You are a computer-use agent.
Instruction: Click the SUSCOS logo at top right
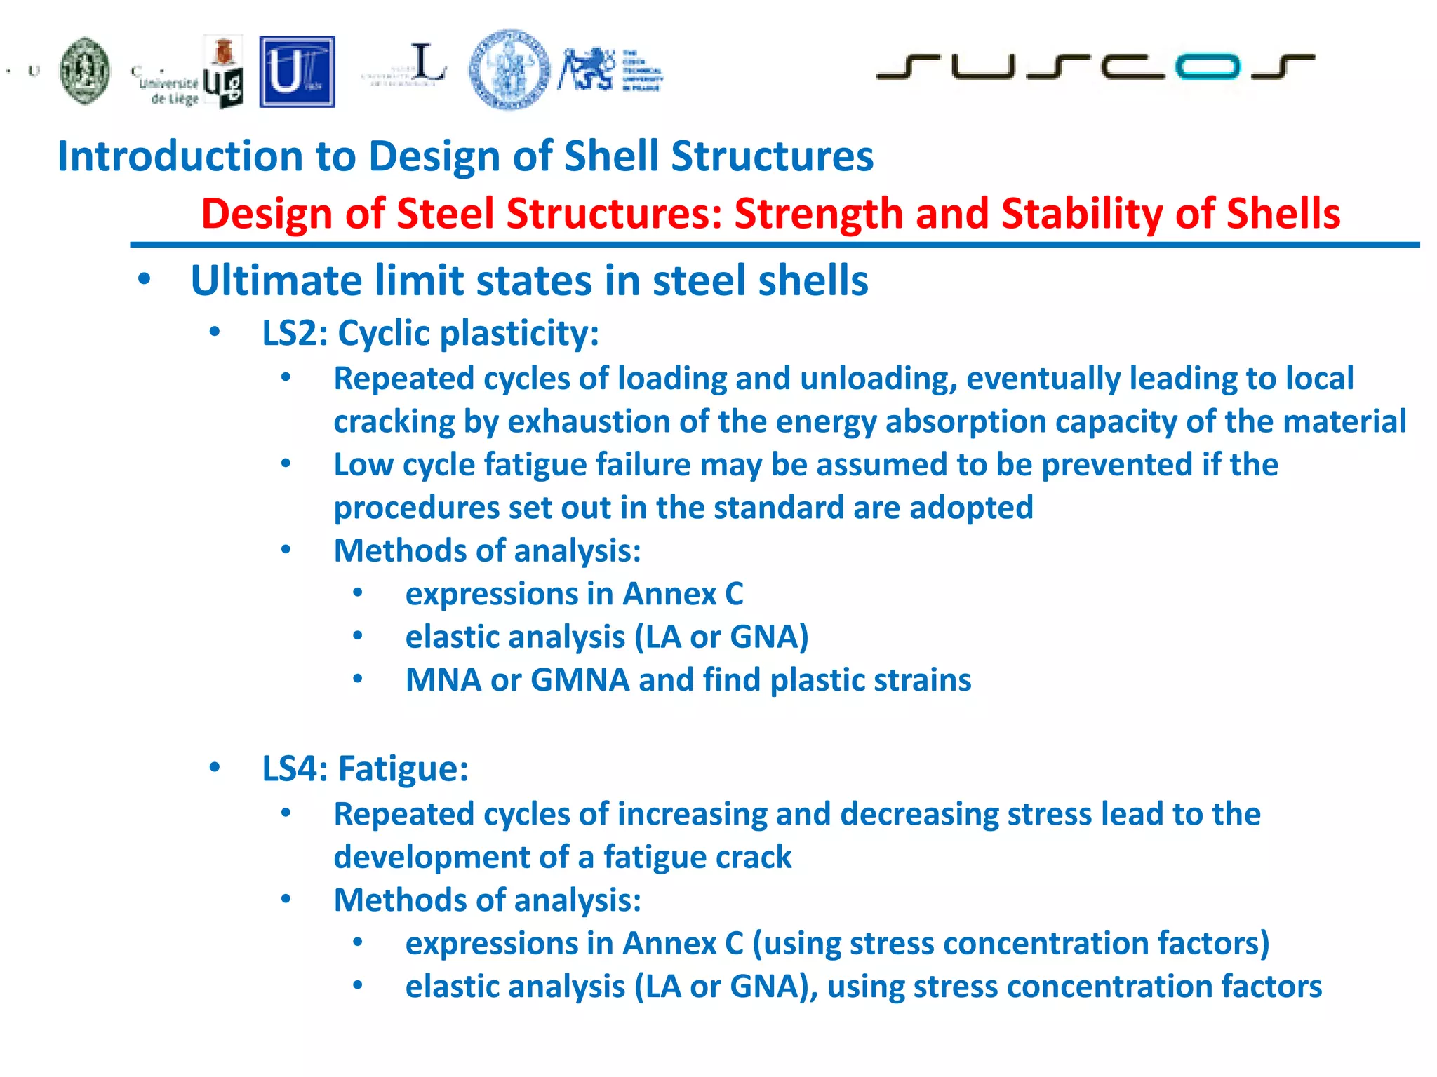click(x=1095, y=67)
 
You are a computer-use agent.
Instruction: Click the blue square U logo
click(x=297, y=72)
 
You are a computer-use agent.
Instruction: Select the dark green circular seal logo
click(x=85, y=71)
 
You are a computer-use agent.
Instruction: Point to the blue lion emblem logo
click(x=587, y=69)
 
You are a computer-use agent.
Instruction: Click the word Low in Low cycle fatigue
click(x=363, y=465)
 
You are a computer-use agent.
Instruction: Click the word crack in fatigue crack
click(x=761, y=858)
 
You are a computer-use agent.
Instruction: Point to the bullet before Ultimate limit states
click(x=145, y=279)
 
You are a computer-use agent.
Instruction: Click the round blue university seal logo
click(x=509, y=70)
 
